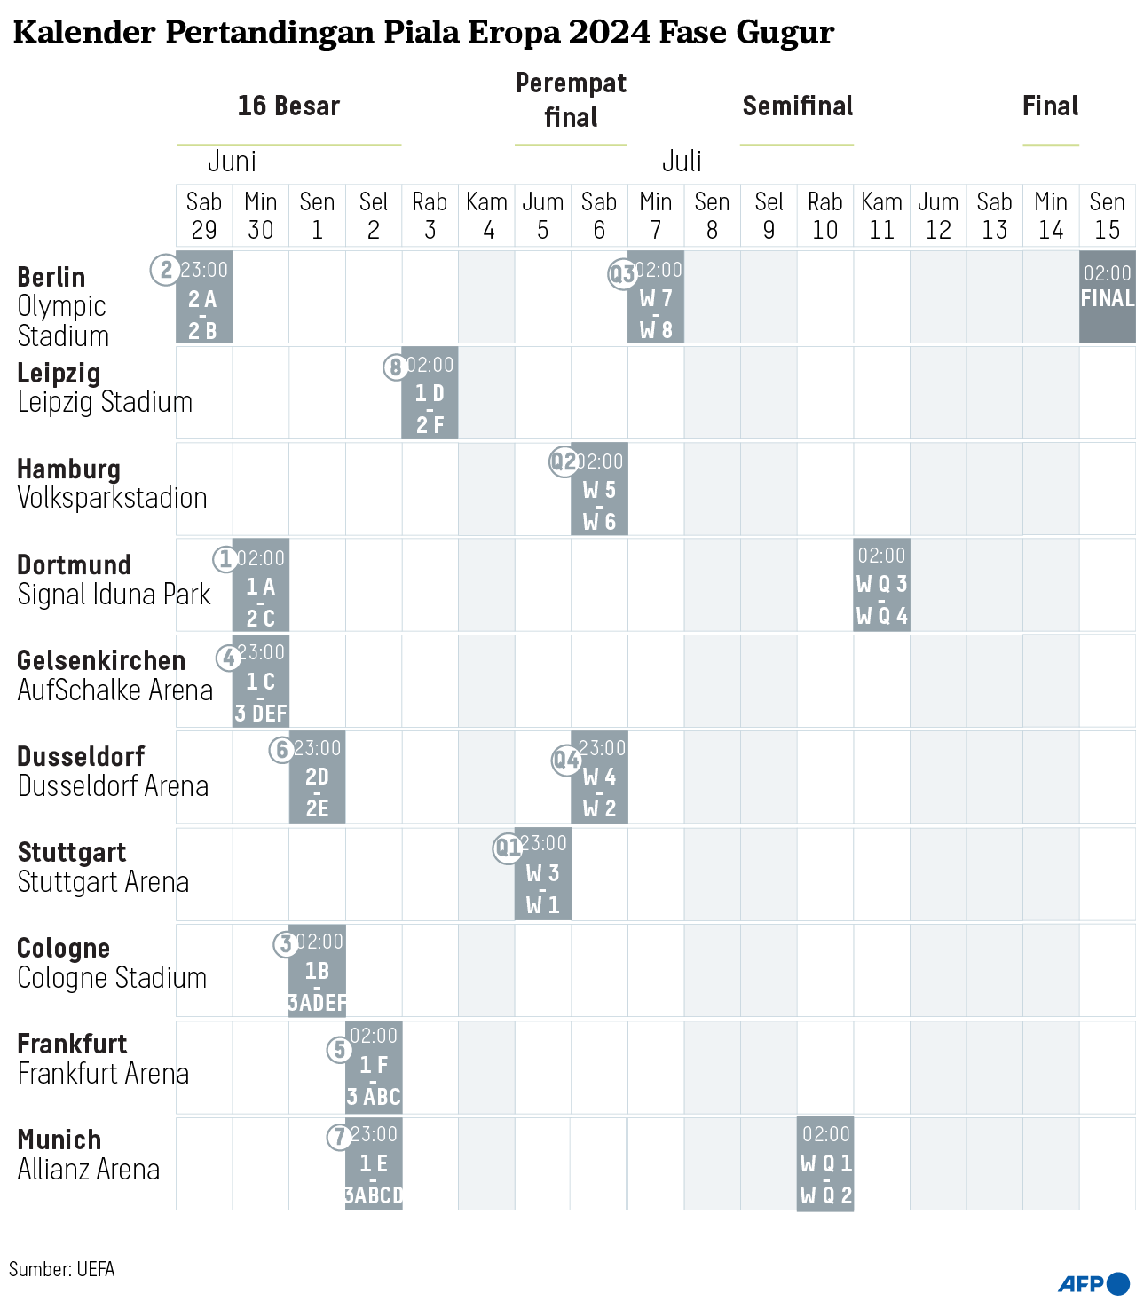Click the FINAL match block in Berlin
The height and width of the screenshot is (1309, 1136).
[1107, 296]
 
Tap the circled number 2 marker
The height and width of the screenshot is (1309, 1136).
[165, 269]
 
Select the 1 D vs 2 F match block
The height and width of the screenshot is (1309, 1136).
[430, 393]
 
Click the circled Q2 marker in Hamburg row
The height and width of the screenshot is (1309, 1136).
[564, 461]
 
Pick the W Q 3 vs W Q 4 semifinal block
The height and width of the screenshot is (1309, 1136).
[881, 585]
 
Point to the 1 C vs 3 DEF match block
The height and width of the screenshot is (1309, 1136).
[260, 682]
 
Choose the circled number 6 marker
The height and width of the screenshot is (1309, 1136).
[281, 750]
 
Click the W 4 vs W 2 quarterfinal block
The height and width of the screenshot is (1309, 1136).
[599, 777]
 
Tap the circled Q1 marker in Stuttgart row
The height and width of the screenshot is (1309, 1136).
[508, 848]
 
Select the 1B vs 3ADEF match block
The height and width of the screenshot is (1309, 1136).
[317, 971]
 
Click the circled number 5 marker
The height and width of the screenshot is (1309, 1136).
[339, 1050]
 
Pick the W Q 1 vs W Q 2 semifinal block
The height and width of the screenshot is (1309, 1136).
[825, 1163]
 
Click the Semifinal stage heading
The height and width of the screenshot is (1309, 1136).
[797, 106]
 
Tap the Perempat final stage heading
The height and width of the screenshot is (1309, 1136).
[571, 100]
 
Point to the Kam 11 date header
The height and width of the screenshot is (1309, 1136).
[881, 216]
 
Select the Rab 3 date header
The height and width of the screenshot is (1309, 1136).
[430, 216]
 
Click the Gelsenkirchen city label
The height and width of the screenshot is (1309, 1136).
[101, 660]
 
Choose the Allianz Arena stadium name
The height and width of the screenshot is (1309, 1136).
[89, 1170]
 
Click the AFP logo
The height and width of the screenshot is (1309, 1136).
[1093, 1283]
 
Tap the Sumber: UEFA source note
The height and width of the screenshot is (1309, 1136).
[62, 1269]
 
